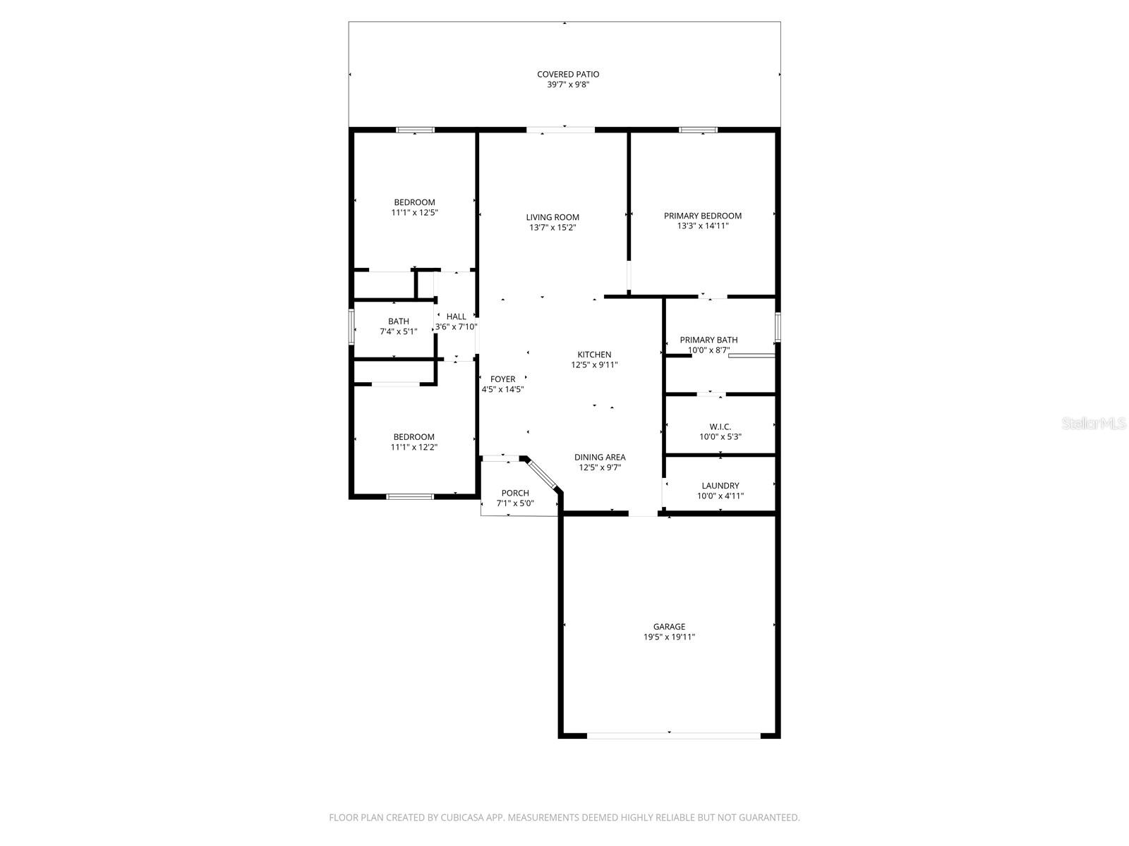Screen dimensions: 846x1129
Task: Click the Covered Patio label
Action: [568, 74]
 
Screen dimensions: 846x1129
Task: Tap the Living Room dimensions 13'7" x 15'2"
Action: [553, 228]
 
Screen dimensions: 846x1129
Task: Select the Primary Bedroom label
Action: [702, 216]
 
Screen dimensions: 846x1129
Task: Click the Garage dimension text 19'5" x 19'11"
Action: [668, 637]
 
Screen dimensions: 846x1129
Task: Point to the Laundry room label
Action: [720, 486]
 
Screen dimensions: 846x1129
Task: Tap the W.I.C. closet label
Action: [720, 427]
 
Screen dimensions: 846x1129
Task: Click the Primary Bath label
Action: [708, 340]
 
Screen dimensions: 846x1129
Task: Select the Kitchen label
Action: [594, 355]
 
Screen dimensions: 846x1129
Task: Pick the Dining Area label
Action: [599, 457]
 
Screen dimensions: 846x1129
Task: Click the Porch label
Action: [515, 493]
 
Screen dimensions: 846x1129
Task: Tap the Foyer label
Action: [502, 379]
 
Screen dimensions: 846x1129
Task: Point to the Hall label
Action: [456, 317]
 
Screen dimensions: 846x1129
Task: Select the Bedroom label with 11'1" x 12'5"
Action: [414, 202]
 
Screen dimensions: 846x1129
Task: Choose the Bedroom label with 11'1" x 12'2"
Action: [414, 437]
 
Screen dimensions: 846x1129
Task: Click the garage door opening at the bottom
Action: [673, 735]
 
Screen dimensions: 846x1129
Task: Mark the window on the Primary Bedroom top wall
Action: [698, 130]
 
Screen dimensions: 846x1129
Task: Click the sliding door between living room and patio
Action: [561, 130]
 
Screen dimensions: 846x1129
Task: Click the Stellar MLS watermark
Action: [1094, 424]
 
